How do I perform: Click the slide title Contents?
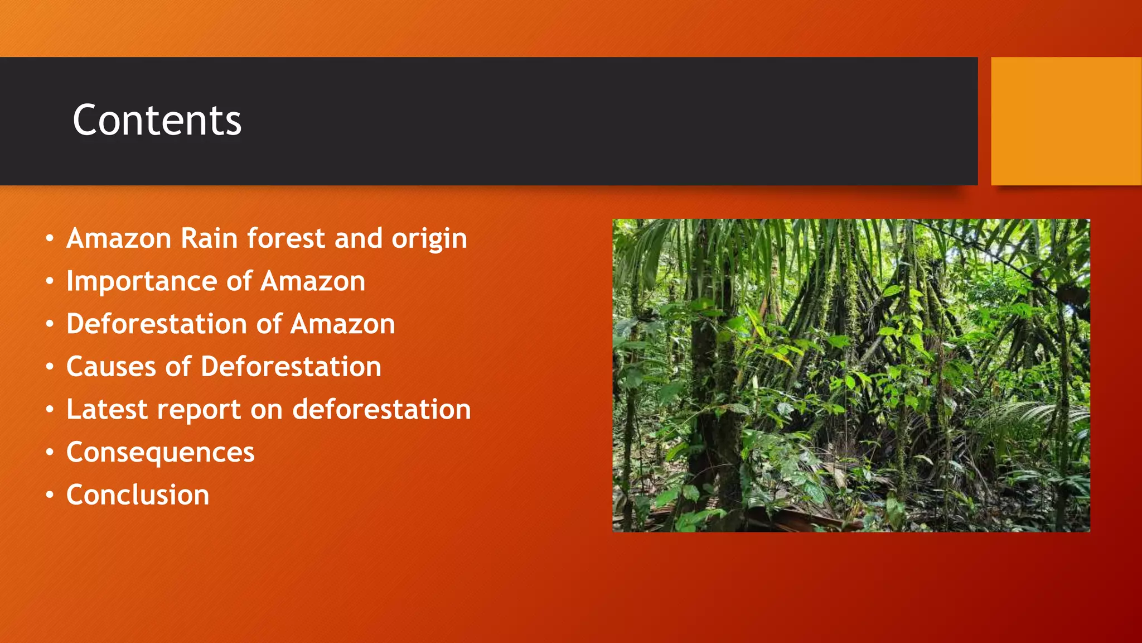[x=157, y=121]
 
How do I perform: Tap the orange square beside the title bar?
[x=1066, y=121]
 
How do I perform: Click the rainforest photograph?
[x=851, y=375]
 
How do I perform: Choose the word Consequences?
[x=161, y=452]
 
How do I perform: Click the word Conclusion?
[x=138, y=495]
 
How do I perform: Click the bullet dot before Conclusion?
[x=50, y=495]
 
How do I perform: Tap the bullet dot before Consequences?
[x=50, y=452]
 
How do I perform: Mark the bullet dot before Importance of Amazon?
[x=50, y=281]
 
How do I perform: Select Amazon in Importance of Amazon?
[x=313, y=281]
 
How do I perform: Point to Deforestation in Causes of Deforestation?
[x=291, y=367]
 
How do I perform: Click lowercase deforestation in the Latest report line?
[x=381, y=409]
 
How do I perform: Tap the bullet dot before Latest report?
[x=50, y=410]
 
